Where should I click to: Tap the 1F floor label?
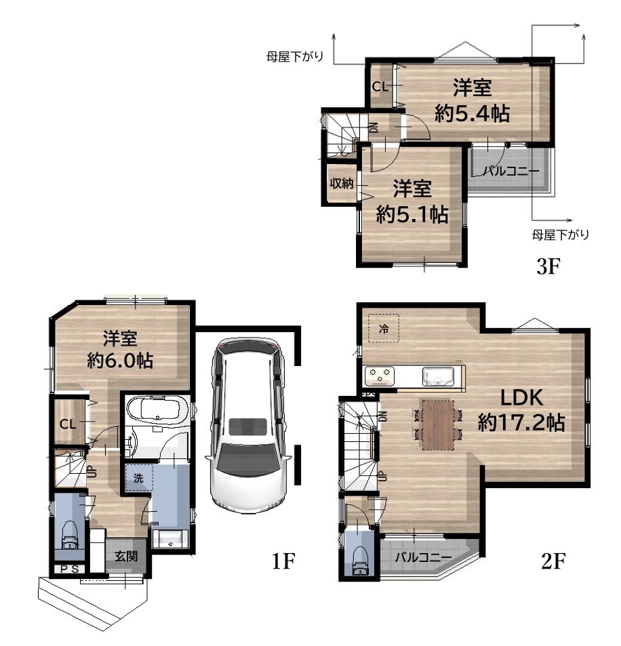click(283, 561)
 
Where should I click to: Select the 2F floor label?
click(553, 561)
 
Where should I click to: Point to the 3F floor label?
click(548, 266)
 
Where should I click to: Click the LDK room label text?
click(522, 398)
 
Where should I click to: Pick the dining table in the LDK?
click(438, 424)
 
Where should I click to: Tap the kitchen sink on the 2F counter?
click(438, 376)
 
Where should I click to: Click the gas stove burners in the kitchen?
click(380, 376)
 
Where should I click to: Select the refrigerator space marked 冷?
click(384, 328)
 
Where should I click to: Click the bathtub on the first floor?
click(157, 409)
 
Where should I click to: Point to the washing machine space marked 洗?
click(139, 478)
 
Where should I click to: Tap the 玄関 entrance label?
click(126, 557)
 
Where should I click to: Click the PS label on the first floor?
click(70, 569)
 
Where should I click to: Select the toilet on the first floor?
click(70, 536)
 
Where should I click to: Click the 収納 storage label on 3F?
click(342, 183)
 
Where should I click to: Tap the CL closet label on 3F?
click(380, 87)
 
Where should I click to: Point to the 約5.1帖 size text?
click(412, 214)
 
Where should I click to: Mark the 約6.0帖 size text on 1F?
click(120, 361)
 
